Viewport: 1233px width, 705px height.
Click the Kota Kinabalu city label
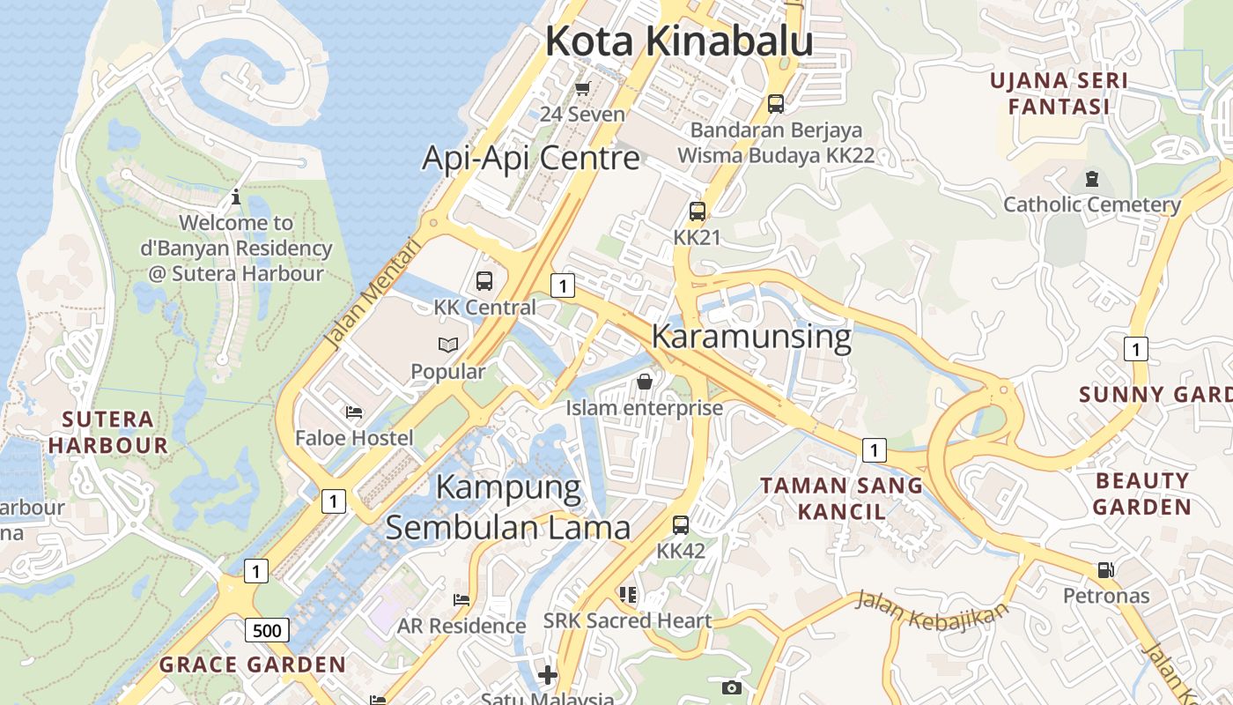(678, 41)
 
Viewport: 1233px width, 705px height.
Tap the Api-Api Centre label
(531, 158)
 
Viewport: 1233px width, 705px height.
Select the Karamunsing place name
(751, 336)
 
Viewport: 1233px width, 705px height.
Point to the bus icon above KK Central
(484, 281)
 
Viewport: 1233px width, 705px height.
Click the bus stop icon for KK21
(698, 211)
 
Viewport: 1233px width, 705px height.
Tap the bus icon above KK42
(681, 525)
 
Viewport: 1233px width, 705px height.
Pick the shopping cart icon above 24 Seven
(582, 88)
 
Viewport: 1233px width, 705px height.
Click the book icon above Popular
(448, 345)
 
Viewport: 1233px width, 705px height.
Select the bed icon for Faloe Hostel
(354, 412)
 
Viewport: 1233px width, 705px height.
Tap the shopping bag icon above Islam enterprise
(645, 382)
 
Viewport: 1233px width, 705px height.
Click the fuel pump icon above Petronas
(1106, 569)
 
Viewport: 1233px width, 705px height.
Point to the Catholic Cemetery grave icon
(1092, 179)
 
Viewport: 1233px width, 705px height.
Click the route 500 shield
(266, 630)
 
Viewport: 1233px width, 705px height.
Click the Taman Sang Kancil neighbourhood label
(841, 498)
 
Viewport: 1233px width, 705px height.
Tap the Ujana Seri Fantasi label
(1059, 94)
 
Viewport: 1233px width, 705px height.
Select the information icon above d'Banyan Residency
(235, 197)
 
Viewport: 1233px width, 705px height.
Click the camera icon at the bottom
(731, 687)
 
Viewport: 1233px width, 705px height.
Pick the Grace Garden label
(253, 664)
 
